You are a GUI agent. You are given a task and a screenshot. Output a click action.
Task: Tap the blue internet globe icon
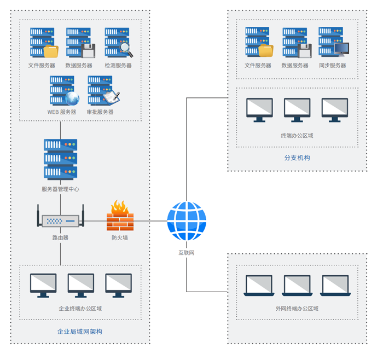coord(187,221)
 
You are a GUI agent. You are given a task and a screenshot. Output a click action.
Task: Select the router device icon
coord(60,220)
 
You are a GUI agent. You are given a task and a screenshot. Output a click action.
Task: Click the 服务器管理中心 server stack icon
coord(60,159)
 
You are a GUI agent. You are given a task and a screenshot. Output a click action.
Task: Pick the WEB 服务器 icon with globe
coord(63,91)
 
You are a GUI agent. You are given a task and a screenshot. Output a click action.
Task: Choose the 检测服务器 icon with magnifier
coord(118,43)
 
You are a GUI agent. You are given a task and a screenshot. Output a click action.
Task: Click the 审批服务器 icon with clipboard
coord(101,91)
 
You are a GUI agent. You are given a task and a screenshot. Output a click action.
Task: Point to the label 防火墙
coord(120,238)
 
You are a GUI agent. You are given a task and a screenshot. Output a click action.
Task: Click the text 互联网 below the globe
coord(187,253)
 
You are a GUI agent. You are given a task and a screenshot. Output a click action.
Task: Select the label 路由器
coord(60,238)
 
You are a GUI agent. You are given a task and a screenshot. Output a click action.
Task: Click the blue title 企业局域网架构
coord(80,332)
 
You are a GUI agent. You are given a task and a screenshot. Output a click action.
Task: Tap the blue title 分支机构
coord(297,158)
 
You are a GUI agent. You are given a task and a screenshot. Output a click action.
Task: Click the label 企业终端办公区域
coord(80,308)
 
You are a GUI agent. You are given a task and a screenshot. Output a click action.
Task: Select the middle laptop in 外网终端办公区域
coord(297,286)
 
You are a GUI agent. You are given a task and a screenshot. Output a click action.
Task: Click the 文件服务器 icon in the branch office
coord(258,43)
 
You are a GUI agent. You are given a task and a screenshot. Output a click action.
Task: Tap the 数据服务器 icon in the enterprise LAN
coord(79,43)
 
